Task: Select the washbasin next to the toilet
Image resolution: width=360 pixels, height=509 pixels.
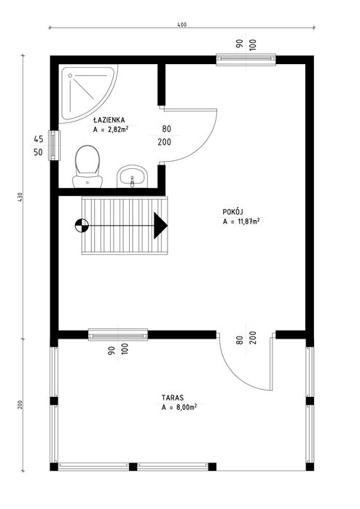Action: (132, 175)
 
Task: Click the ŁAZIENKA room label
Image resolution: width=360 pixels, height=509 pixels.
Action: (111, 119)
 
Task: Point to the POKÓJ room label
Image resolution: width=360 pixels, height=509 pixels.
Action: (233, 210)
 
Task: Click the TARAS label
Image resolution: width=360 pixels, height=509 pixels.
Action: (173, 399)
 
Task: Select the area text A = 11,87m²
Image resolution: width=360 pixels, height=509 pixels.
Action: (243, 221)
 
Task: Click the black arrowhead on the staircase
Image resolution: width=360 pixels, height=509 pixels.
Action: (160, 226)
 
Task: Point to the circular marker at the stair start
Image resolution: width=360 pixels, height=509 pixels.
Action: (79, 226)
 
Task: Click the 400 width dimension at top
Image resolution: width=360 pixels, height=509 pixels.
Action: (181, 25)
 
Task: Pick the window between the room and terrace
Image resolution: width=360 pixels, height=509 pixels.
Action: (118, 335)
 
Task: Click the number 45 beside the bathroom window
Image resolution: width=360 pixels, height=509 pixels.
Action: (38, 138)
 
